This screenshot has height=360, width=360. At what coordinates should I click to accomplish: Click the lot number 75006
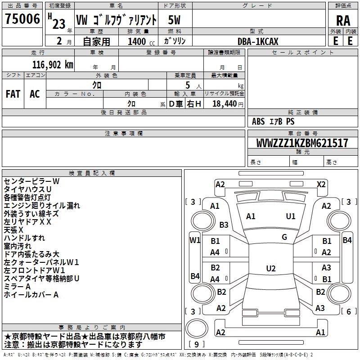tap(22, 19)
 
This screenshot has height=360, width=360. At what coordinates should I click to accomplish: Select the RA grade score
tap(343, 21)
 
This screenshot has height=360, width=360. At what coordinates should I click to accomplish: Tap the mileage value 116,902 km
tap(53, 65)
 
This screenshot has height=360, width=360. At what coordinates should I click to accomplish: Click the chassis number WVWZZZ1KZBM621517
tap(302, 143)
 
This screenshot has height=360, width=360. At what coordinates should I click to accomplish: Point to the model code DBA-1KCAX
tap(257, 41)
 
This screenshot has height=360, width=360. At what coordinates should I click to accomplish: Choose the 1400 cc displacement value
tap(141, 41)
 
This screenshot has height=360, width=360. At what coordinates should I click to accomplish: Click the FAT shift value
tap(13, 94)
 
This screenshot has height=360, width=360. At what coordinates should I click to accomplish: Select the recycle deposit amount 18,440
tap(224, 103)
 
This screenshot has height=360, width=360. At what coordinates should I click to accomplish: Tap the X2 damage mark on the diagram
tap(321, 184)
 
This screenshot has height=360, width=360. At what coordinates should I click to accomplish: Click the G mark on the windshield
tap(284, 237)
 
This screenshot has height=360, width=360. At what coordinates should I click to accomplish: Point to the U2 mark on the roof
tap(271, 268)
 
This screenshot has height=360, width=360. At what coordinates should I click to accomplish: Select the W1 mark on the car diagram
tap(195, 240)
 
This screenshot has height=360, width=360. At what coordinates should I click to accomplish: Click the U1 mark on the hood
tap(290, 216)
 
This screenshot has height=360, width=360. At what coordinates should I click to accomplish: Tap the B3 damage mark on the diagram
tap(224, 225)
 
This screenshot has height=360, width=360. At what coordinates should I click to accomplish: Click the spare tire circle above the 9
tap(197, 328)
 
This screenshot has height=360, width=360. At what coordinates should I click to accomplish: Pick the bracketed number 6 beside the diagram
tap(348, 311)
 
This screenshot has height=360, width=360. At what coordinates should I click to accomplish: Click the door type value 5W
tap(174, 20)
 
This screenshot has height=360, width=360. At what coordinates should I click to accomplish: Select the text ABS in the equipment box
tap(258, 121)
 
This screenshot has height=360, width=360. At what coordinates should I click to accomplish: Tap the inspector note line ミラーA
tap(17, 287)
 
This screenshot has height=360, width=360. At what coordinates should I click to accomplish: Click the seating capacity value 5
tap(188, 85)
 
